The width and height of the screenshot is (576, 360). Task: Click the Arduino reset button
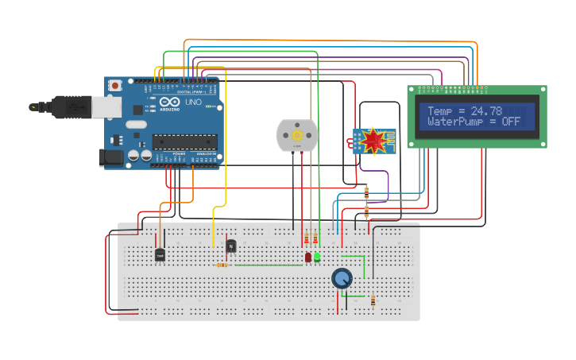click(x=115, y=85)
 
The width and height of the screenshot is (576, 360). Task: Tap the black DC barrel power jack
click(x=111, y=157)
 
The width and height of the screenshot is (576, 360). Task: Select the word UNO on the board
click(x=193, y=103)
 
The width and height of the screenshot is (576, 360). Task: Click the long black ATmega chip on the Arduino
click(x=185, y=141)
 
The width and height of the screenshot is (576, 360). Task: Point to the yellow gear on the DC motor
click(x=297, y=135)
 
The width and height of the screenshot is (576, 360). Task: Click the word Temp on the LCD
click(x=441, y=111)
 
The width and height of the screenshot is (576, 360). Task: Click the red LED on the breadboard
click(x=307, y=257)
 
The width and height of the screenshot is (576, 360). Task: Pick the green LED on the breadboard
click(x=317, y=257)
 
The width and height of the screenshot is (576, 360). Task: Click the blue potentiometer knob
click(x=342, y=278)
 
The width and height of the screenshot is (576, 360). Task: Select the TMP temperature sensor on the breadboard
click(x=160, y=254)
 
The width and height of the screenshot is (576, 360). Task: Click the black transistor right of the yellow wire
click(x=231, y=246)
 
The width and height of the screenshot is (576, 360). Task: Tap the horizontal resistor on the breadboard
click(x=222, y=265)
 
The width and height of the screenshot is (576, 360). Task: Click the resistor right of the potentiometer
click(x=373, y=300)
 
